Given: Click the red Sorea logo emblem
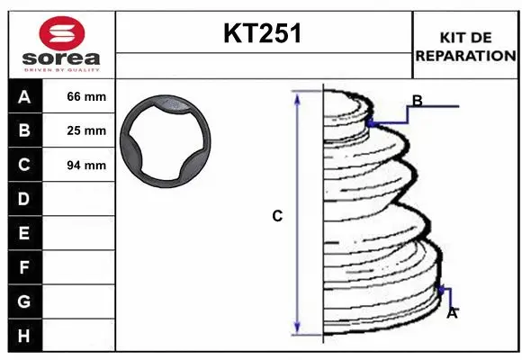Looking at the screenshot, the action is pyautogui.click(x=62, y=33).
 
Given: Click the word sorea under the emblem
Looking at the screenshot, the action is pyautogui.click(x=61, y=58).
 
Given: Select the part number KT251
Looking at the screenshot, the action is pyautogui.click(x=263, y=33).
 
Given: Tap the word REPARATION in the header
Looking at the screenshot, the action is pyautogui.click(x=465, y=56).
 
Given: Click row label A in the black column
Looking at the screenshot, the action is pyautogui.click(x=24, y=97).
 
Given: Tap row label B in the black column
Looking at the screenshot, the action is pyautogui.click(x=24, y=130).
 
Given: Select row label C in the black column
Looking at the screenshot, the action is pyautogui.click(x=24, y=165).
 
